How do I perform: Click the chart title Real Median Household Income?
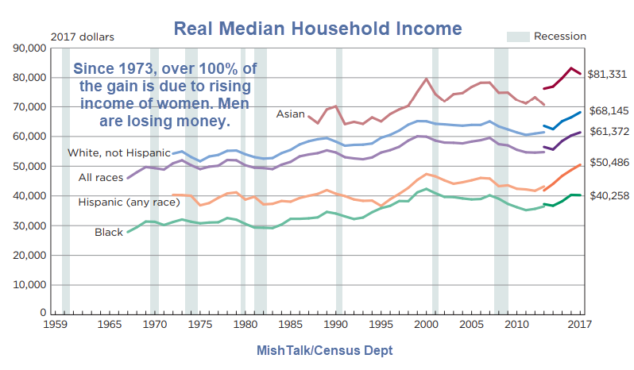point(317,29)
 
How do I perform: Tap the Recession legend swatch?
point(517,36)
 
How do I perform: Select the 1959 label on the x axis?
point(55,325)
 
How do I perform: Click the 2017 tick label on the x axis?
point(581,325)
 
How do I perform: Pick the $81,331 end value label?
point(608,74)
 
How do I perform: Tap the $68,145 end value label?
point(608,110)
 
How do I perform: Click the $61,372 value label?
point(608,131)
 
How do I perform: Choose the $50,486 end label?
point(608,163)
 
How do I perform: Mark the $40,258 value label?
point(608,195)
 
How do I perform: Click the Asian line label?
point(290,114)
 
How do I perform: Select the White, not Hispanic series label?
point(118,152)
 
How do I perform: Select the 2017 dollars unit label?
point(83,37)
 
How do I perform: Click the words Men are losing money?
point(165,114)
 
